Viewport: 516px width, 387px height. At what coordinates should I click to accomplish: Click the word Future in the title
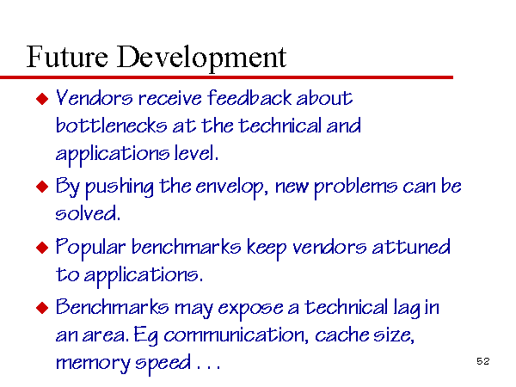(x=67, y=57)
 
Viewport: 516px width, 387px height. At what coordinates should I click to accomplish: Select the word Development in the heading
(x=202, y=58)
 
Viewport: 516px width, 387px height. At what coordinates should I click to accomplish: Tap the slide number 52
(x=483, y=361)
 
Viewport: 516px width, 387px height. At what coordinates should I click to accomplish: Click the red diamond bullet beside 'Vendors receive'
(x=42, y=99)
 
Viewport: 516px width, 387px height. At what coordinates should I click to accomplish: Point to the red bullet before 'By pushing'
(x=42, y=187)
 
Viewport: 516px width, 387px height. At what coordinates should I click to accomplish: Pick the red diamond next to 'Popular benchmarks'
(x=42, y=248)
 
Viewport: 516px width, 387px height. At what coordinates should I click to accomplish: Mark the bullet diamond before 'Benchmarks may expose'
(x=42, y=308)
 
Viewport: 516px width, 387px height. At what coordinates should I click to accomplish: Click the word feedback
(x=249, y=98)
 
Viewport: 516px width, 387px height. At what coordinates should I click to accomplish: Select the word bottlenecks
(x=111, y=126)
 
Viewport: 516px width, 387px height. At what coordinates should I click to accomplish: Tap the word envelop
(x=229, y=187)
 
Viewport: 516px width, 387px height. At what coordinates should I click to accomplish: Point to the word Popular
(x=90, y=249)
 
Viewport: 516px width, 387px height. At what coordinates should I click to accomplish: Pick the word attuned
(x=411, y=247)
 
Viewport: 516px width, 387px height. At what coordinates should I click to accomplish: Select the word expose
(x=250, y=310)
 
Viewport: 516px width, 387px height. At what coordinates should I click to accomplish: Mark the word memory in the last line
(x=93, y=365)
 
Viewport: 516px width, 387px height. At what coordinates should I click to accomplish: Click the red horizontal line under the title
(x=226, y=77)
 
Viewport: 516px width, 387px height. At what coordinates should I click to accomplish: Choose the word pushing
(x=120, y=187)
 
